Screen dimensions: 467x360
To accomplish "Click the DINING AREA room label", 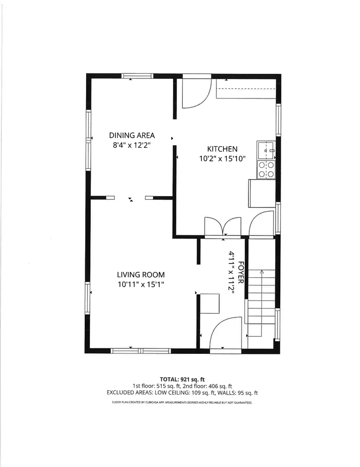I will click(132, 135).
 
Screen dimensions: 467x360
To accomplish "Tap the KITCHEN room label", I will click(222, 149).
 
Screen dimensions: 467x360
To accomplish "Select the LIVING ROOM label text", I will click(140, 275).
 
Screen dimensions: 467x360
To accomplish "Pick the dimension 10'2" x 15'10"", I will click(222, 159).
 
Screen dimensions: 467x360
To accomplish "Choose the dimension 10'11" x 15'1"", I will click(140, 285).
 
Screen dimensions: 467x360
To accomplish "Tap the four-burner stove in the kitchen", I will click(266, 169).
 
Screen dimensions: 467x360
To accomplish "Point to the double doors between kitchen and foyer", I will click(223, 227).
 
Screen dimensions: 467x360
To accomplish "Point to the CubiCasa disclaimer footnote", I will click(182, 403).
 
